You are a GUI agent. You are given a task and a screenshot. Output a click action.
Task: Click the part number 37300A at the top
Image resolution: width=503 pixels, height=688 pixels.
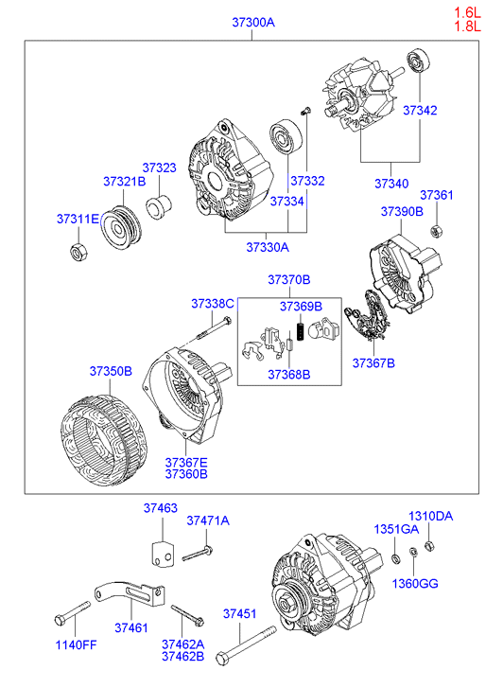(253, 22)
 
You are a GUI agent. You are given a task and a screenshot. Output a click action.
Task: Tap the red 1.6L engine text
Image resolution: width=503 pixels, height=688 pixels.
(467, 12)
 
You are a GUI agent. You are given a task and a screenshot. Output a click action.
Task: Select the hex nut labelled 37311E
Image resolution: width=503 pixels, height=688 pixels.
(78, 252)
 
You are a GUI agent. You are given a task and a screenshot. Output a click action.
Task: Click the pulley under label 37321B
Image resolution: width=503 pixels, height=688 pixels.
(121, 227)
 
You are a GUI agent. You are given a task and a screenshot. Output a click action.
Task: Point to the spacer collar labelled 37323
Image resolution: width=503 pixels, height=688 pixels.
(159, 205)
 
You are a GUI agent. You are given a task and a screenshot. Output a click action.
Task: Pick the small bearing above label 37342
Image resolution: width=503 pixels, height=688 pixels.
(419, 62)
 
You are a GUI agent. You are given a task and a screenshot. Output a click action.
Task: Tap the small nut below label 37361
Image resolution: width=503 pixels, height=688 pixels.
(436, 231)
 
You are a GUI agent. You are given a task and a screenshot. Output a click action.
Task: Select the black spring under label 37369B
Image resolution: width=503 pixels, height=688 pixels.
(301, 331)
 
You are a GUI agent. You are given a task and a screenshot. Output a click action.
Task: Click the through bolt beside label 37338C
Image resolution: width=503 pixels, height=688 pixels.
(214, 327)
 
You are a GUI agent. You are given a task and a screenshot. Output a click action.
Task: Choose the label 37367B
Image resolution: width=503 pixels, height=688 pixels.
(373, 362)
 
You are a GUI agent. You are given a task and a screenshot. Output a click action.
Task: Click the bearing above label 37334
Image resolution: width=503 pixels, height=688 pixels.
(286, 136)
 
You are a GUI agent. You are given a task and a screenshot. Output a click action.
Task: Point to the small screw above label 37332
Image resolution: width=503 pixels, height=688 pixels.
(305, 111)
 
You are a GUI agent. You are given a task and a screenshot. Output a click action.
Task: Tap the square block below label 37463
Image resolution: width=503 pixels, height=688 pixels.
(163, 555)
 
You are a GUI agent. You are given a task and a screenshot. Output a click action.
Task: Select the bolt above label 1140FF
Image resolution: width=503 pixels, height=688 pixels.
(73, 613)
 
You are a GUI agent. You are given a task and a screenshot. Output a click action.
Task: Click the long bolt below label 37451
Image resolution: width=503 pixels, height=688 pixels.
(246, 645)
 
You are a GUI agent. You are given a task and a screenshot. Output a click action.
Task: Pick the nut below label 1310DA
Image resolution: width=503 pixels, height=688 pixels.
(429, 546)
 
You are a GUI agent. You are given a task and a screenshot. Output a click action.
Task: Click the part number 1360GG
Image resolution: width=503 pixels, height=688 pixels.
(415, 584)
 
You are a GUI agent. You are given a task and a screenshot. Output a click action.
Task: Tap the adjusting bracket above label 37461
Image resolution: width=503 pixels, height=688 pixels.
(130, 593)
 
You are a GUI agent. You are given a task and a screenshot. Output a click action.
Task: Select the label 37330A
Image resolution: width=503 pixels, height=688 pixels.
(268, 247)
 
